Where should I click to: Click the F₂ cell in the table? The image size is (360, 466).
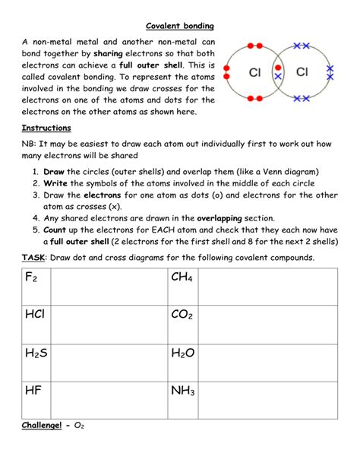[x=31, y=278]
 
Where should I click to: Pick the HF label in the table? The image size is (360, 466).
[x=33, y=390]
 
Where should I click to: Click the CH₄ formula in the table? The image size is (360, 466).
[x=182, y=278]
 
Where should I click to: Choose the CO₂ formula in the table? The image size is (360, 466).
[x=182, y=315]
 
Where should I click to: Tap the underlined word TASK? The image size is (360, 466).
[x=35, y=257]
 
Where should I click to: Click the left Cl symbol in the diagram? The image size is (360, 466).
[x=256, y=72]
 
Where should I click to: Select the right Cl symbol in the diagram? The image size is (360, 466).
[x=302, y=72]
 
